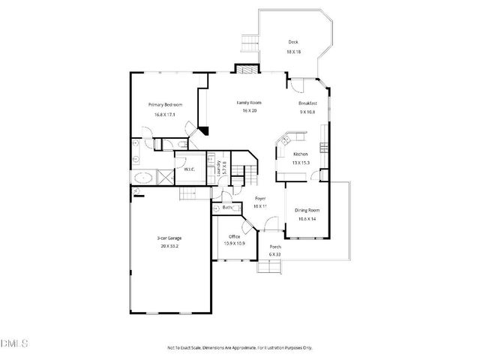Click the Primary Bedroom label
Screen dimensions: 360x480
click(x=164, y=104)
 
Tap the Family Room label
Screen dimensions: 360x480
click(x=248, y=101)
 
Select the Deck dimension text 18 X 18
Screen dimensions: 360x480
click(x=293, y=52)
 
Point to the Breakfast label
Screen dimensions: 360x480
click(x=308, y=103)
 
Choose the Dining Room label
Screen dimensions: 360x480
click(x=307, y=210)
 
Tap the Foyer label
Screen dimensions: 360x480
click(x=259, y=198)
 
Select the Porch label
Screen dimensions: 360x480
click(x=275, y=247)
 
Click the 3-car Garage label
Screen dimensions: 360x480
click(x=169, y=238)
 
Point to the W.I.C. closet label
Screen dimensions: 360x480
click(x=189, y=169)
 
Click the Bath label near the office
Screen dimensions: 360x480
click(x=228, y=207)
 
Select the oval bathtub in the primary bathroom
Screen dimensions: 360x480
click(x=143, y=177)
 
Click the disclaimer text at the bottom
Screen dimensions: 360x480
click(x=239, y=347)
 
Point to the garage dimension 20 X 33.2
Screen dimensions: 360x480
click(x=169, y=246)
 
